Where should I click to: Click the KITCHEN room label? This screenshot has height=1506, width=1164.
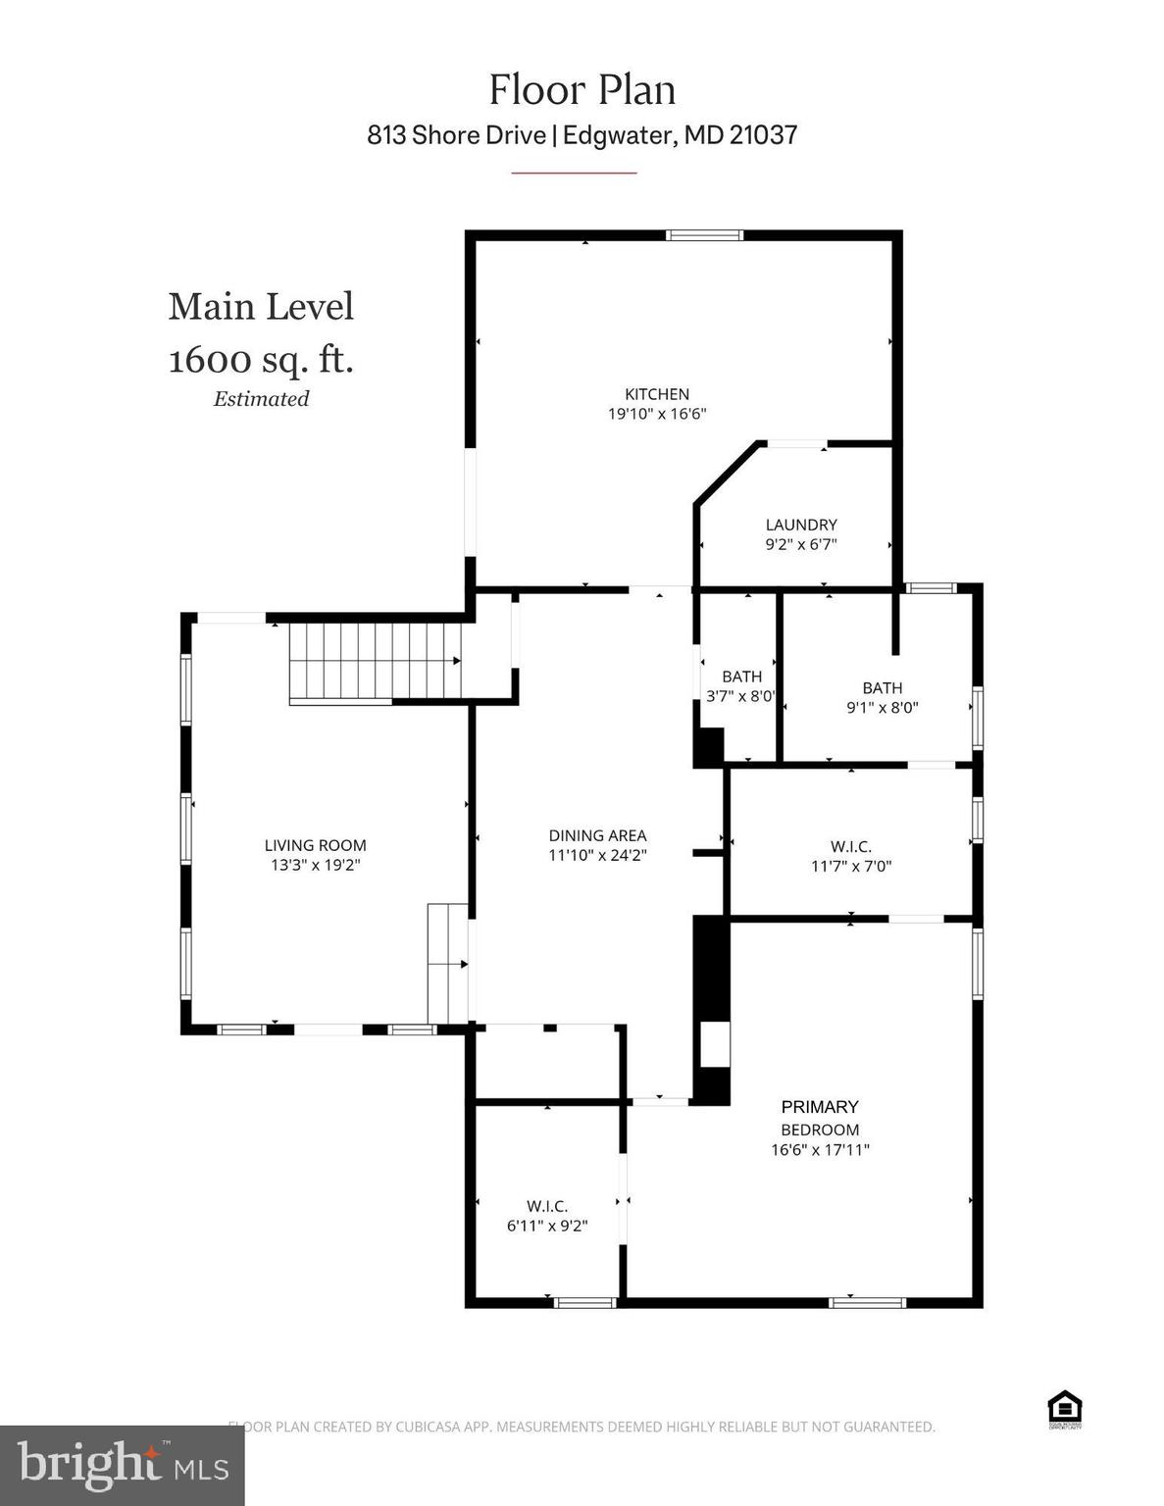[657, 394]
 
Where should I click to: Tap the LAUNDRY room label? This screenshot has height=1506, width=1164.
[801, 525]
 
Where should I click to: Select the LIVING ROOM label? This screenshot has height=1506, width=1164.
[315, 845]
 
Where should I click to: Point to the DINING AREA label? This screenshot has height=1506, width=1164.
[597, 835]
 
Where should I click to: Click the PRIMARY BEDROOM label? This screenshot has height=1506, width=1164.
[820, 1118]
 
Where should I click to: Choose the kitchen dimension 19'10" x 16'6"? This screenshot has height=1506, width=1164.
[657, 414]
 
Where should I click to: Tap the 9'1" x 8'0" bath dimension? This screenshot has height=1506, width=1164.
[882, 707]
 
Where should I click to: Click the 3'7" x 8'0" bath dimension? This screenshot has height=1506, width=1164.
[740, 696]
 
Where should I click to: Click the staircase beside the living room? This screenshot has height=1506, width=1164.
[376, 662]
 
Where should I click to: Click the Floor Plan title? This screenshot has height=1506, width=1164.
[582, 90]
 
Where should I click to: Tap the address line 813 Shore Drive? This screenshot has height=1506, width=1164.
[582, 134]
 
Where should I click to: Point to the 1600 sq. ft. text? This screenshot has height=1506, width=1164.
[261, 360]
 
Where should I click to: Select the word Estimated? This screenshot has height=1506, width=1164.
[261, 399]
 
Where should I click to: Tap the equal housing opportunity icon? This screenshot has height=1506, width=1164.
[1064, 1409]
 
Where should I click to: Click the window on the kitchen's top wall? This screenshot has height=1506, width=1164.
[704, 234]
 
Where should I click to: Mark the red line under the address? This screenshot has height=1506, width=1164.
[574, 173]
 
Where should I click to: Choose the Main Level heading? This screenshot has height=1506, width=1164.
[261, 307]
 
